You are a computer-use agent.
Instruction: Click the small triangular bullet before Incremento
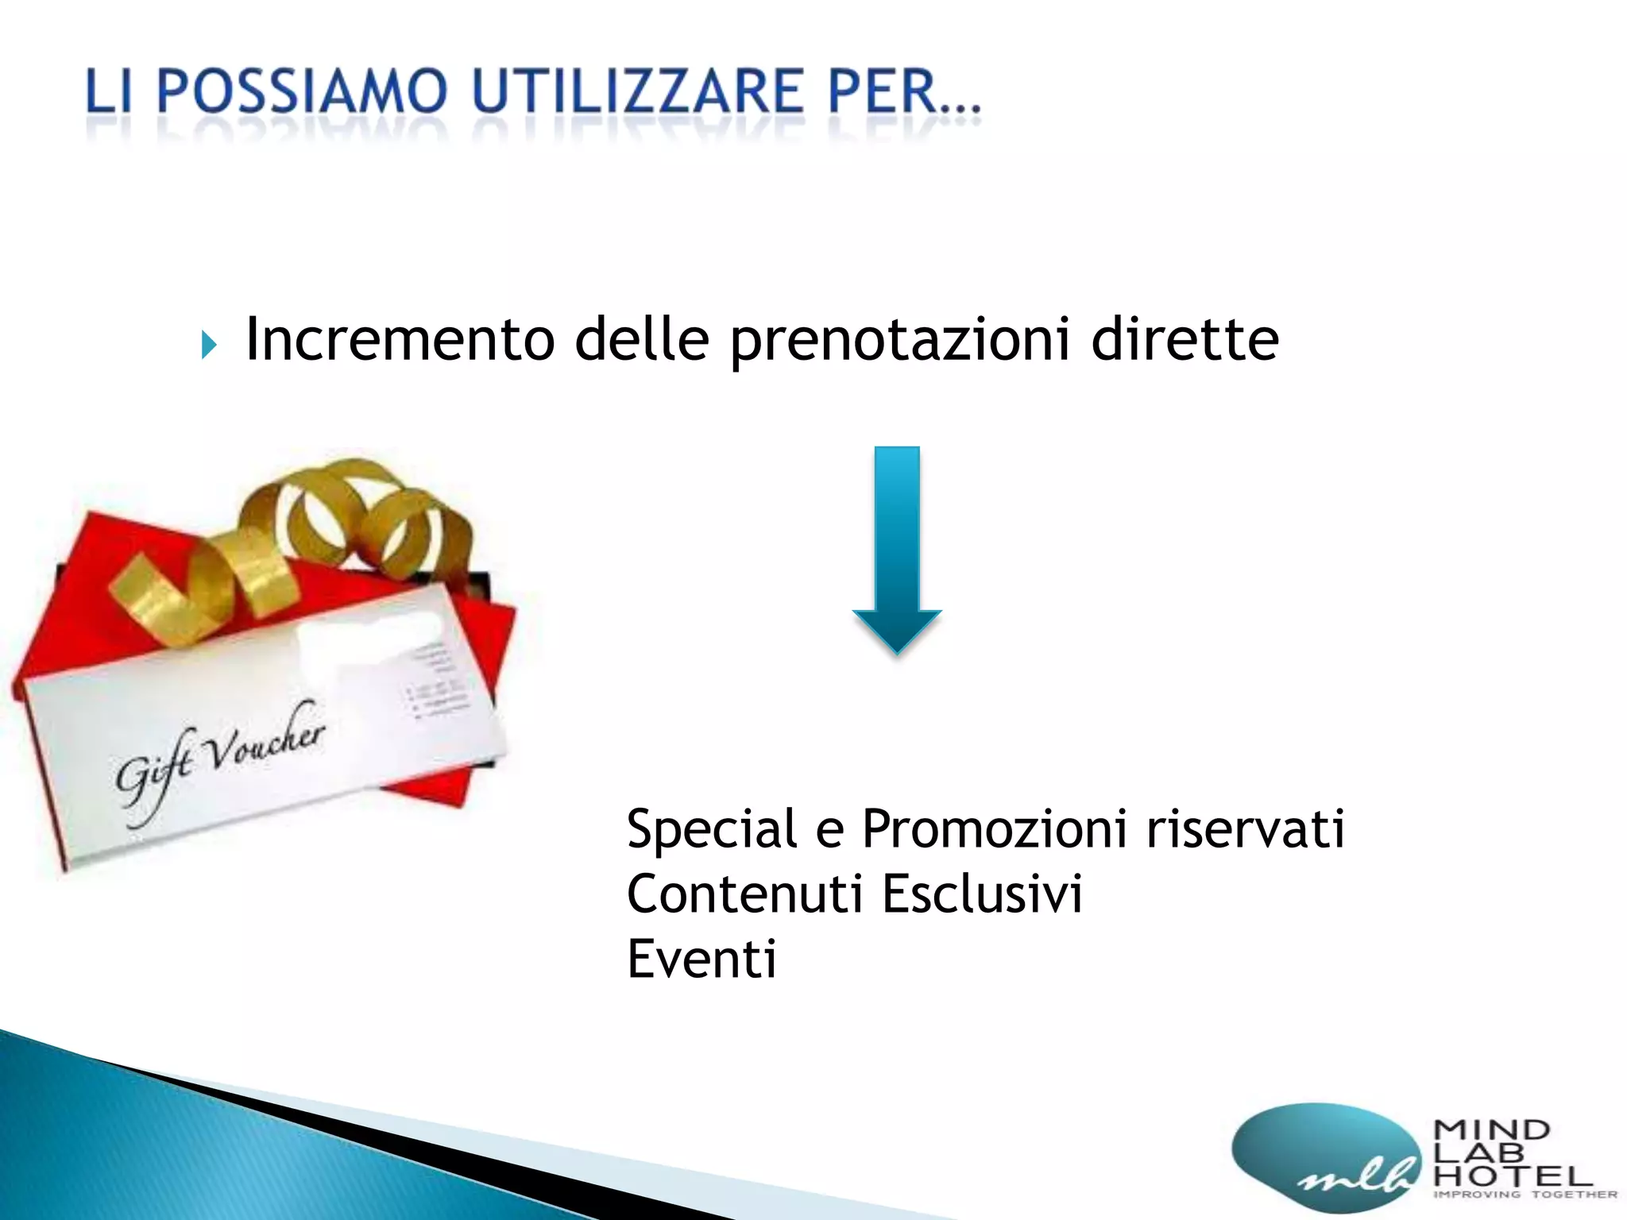(x=209, y=345)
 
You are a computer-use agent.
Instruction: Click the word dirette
(x=1185, y=340)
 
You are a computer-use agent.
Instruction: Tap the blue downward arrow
(x=897, y=548)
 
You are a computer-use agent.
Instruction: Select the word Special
(x=711, y=828)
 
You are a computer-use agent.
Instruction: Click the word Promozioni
(x=994, y=828)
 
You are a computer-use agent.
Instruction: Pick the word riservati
(x=1245, y=828)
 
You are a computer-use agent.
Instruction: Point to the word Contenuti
(x=744, y=894)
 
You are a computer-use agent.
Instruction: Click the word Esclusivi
(x=982, y=894)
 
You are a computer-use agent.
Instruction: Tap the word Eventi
(x=701, y=959)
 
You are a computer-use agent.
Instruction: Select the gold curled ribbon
(x=294, y=540)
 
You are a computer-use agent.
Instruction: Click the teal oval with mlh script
(x=1323, y=1156)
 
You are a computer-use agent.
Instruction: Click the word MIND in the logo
(x=1491, y=1129)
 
